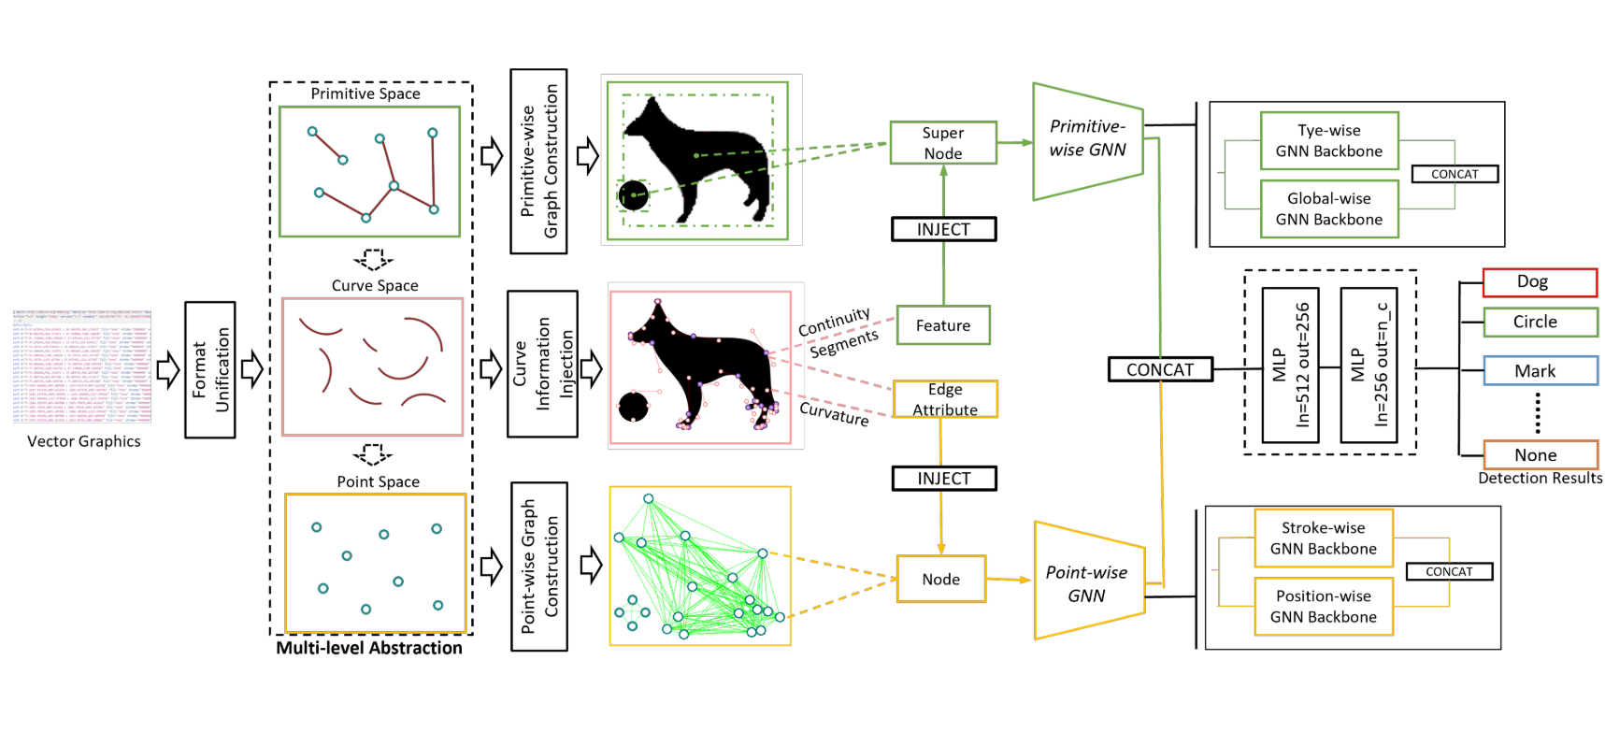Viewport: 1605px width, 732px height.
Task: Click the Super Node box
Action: pos(943,143)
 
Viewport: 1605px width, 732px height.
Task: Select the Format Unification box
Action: pos(210,370)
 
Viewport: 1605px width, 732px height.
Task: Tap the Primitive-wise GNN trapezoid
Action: pos(1087,140)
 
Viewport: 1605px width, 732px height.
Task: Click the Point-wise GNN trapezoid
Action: pos(1087,582)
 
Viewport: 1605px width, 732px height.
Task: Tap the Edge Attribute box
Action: pos(945,399)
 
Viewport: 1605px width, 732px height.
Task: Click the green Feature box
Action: pos(943,325)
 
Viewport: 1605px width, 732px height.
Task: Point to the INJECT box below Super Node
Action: pos(943,229)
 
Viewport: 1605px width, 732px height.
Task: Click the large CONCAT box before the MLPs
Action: pos(1160,369)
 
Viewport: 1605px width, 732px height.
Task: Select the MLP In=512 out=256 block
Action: pos(1290,365)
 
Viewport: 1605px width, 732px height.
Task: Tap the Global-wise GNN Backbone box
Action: pos(1328,209)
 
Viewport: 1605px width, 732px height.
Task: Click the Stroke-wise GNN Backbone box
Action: pos(1323,538)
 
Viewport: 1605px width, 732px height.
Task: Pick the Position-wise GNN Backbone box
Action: pos(1323,607)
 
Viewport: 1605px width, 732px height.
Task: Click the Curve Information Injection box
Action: pos(542,364)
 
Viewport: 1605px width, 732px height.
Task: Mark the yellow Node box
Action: pos(940,579)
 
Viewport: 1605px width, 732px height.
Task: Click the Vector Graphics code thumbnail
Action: pos(82,366)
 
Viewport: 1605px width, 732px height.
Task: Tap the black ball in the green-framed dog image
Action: pos(634,195)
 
